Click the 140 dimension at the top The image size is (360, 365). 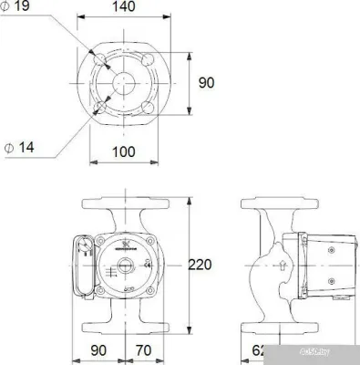(x=126, y=8)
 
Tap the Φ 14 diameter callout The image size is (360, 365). (x=19, y=146)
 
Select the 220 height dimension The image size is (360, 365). (x=201, y=265)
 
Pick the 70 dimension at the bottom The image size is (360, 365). (x=141, y=350)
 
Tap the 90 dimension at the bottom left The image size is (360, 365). (x=99, y=350)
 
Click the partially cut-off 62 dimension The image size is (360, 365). (x=259, y=350)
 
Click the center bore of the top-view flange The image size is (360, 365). (x=127, y=82)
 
